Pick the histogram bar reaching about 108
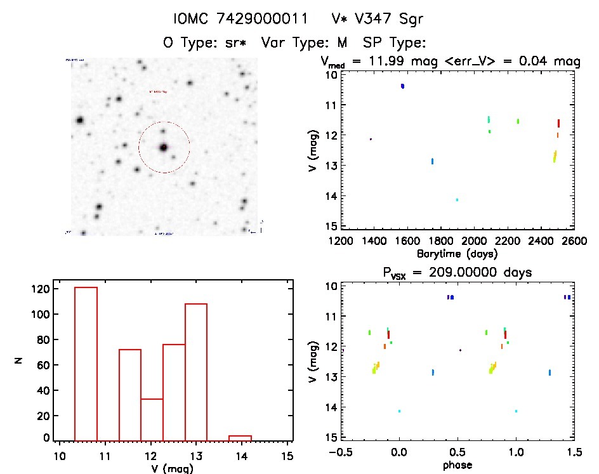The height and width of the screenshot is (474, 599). [196, 371]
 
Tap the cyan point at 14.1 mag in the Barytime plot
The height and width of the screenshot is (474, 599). [457, 200]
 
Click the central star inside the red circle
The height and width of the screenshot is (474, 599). [164, 147]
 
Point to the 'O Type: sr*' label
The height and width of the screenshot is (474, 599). [205, 43]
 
